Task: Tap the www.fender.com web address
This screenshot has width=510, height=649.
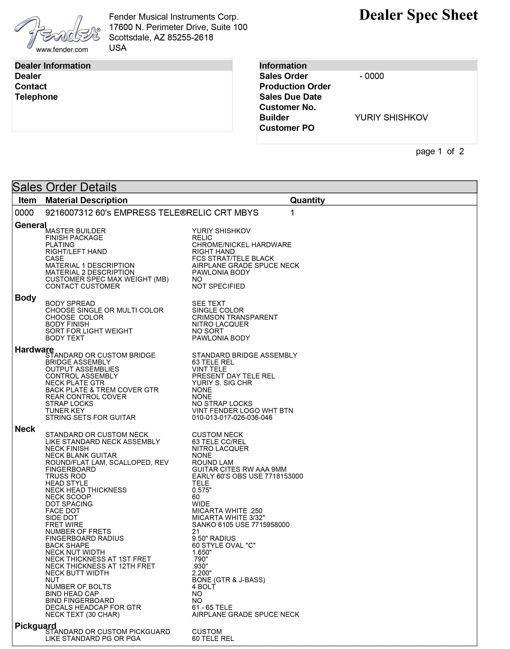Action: point(62,50)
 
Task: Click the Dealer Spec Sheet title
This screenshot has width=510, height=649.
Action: point(418,15)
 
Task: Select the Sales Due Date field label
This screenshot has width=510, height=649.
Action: point(290,97)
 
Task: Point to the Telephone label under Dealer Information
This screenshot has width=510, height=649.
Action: point(36,97)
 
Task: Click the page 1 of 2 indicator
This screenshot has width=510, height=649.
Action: point(440,151)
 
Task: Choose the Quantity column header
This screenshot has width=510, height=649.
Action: point(307,200)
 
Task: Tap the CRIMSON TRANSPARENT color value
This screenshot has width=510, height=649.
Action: point(235,317)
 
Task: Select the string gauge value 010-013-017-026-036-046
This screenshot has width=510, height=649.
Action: point(232,417)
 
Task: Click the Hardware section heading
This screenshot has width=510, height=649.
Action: point(34,350)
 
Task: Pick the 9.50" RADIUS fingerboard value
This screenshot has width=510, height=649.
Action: point(214,538)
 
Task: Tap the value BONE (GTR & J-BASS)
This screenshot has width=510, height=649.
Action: point(229,580)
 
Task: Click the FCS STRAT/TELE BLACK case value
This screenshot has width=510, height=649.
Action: point(233,258)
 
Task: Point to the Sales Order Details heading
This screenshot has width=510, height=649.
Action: point(64,187)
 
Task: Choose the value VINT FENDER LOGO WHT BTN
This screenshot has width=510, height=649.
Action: point(242,411)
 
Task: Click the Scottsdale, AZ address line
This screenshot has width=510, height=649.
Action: point(161,38)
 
